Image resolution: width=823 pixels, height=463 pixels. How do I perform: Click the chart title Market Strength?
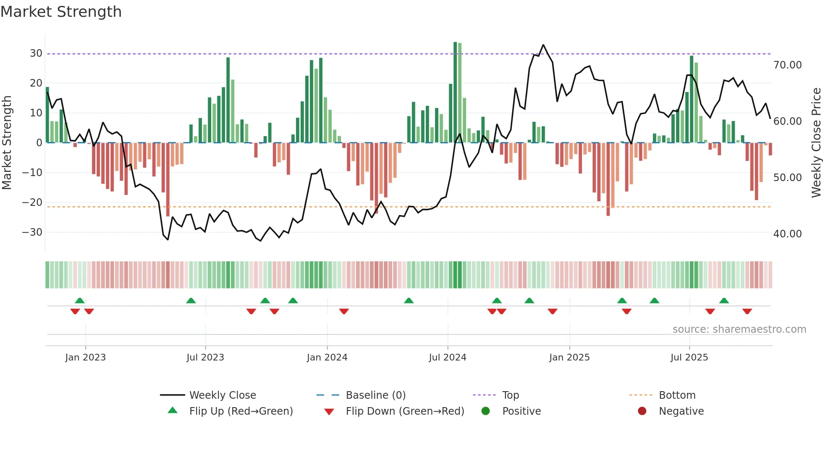(61, 12)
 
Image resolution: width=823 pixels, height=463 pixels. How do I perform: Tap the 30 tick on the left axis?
(36, 53)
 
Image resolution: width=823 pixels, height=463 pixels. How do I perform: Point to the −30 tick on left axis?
(33, 232)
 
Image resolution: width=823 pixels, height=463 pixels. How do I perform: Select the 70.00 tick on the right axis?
(787, 65)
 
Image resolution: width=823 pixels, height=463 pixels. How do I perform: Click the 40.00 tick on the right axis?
(787, 234)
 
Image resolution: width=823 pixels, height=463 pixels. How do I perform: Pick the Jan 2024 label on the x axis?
(327, 358)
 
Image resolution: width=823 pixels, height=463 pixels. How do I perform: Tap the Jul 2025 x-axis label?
(689, 358)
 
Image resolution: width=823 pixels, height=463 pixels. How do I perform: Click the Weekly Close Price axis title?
(816, 143)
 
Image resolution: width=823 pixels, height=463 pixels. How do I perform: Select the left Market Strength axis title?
(7, 143)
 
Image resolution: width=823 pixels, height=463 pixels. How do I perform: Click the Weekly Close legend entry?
(223, 395)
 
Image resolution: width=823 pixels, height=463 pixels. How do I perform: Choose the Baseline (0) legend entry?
(375, 395)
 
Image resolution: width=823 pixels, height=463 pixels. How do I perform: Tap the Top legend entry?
(511, 395)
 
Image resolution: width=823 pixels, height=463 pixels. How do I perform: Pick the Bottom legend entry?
(677, 395)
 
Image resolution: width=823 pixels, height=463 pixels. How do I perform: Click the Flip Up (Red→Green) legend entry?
(241, 411)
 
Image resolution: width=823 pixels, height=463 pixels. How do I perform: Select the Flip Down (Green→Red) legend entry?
(405, 411)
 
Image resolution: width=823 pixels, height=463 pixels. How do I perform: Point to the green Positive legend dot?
(485, 411)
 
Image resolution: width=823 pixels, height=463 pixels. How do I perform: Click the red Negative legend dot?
(642, 411)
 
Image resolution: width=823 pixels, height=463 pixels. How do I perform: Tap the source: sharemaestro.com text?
(739, 329)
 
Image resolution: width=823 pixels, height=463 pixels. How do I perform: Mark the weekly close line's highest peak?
(543, 45)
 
